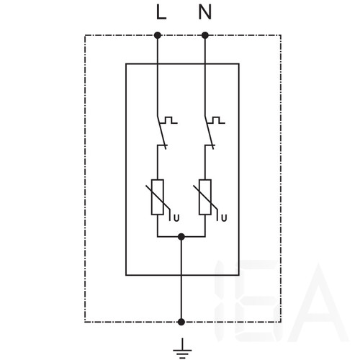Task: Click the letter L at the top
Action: (x=161, y=12)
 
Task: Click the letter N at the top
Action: (x=205, y=12)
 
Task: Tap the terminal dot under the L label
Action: (x=158, y=35)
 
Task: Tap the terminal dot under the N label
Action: (x=205, y=35)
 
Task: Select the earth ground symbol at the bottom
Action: (x=182, y=348)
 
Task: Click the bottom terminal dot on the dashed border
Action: (x=181, y=322)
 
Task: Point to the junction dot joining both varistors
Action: (x=181, y=237)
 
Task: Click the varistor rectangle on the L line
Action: (x=158, y=197)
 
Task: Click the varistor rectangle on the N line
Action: (x=205, y=197)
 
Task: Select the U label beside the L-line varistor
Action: (x=176, y=218)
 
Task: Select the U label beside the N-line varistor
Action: (x=224, y=218)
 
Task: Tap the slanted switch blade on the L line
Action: (x=162, y=132)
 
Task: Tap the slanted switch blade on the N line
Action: (x=210, y=132)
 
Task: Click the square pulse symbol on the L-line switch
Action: (x=169, y=120)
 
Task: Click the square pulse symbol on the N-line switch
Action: (x=217, y=120)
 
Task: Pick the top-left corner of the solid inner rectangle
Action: (x=126, y=64)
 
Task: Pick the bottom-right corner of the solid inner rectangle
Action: (x=239, y=275)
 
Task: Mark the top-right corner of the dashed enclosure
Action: (x=281, y=35)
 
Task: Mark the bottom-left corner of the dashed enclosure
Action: (x=85, y=322)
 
